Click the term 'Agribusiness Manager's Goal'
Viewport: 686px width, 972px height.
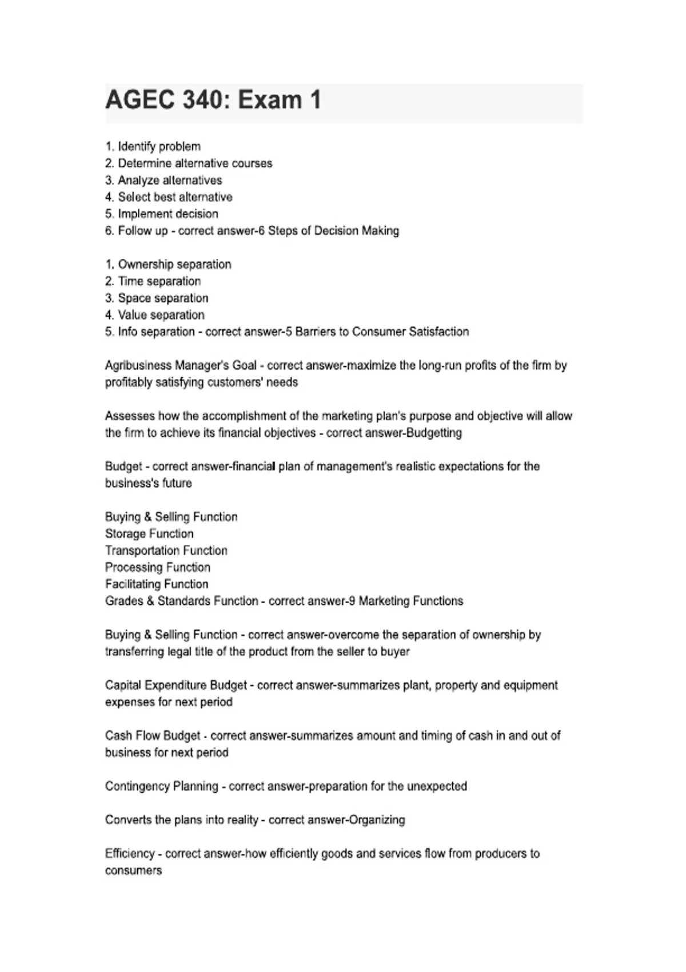[x=181, y=365]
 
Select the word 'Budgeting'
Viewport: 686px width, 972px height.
[x=434, y=433]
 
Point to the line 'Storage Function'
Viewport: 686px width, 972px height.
[x=149, y=534]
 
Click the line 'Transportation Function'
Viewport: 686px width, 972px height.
[x=166, y=551]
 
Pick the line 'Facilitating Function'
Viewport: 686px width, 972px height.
[x=157, y=584]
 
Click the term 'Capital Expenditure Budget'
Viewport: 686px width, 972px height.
[x=176, y=685]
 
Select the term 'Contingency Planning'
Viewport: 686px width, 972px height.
[x=162, y=786]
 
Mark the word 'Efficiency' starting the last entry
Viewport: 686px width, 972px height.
[x=130, y=854]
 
